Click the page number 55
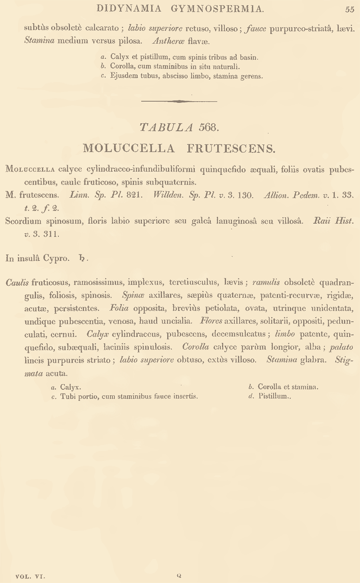click(350, 9)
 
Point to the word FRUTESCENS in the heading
click(231, 148)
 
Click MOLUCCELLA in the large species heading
click(129, 148)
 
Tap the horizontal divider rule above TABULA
click(179, 101)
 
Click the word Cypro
click(56, 258)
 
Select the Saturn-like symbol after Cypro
click(82, 258)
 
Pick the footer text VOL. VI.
click(30, 577)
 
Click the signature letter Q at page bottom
click(179, 576)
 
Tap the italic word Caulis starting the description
click(17, 282)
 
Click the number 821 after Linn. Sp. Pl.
click(132, 195)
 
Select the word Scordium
click(24, 221)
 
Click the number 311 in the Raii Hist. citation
click(51, 234)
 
